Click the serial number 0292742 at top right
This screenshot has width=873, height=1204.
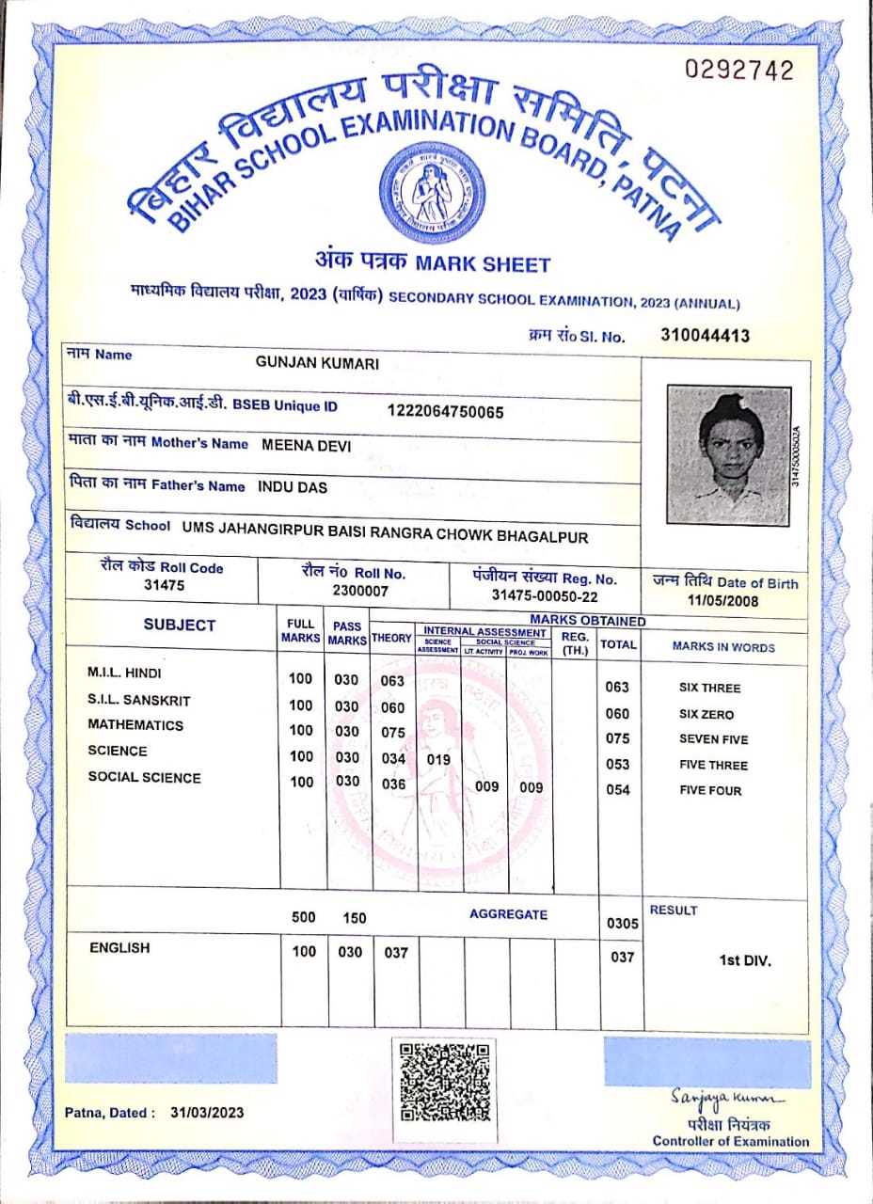[x=739, y=71]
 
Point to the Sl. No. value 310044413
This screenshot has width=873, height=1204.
[x=706, y=335]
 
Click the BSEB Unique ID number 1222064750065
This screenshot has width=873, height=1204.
[x=446, y=412]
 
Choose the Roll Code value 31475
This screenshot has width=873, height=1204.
[x=164, y=585]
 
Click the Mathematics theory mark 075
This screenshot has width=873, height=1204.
[x=393, y=733]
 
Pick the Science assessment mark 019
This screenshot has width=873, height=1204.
[x=438, y=758]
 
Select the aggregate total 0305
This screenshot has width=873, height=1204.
[x=623, y=924]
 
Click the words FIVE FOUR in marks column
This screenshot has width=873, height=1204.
[x=710, y=791]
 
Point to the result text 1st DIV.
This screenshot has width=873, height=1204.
[x=745, y=961]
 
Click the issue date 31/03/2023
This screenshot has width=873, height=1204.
[x=207, y=1113]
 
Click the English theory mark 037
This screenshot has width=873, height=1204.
[x=396, y=953]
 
